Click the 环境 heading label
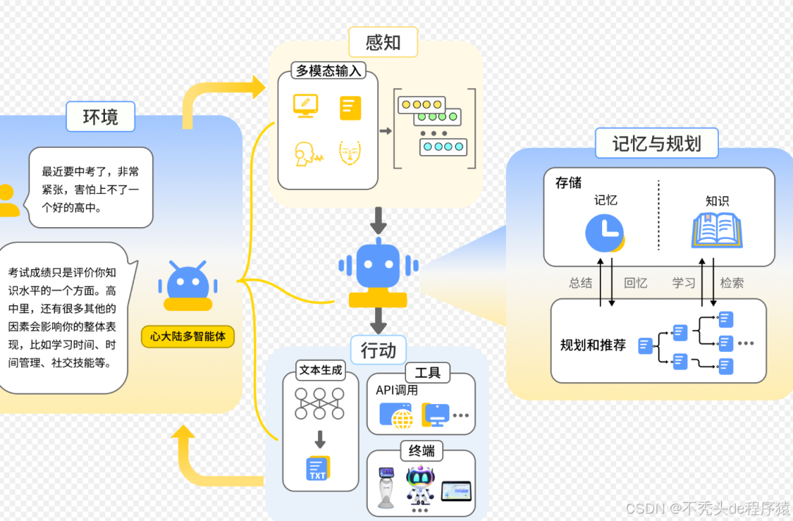[x=100, y=116]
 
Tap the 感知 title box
[x=383, y=42]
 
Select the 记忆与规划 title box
[x=656, y=143]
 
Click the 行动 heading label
[x=378, y=351]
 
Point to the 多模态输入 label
[x=328, y=71]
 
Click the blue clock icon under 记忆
[x=604, y=233]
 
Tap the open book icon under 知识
[x=717, y=230]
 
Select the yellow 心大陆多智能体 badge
[x=187, y=337]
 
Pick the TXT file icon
[x=318, y=469]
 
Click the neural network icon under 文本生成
[x=319, y=403]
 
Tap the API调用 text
[x=396, y=390]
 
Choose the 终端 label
[x=421, y=450]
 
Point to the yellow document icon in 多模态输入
[x=350, y=108]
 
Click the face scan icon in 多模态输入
[x=350, y=153]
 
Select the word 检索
[x=731, y=283]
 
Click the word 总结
[x=580, y=283]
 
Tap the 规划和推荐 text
[x=593, y=345]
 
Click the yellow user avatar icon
[x=7, y=200]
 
